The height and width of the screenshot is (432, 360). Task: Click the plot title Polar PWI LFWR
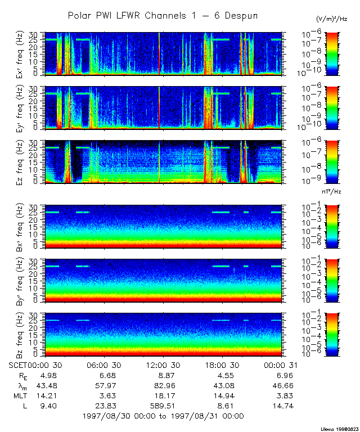[163, 15]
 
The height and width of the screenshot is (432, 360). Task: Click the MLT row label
[20, 396]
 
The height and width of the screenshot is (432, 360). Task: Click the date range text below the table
[163, 416]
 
